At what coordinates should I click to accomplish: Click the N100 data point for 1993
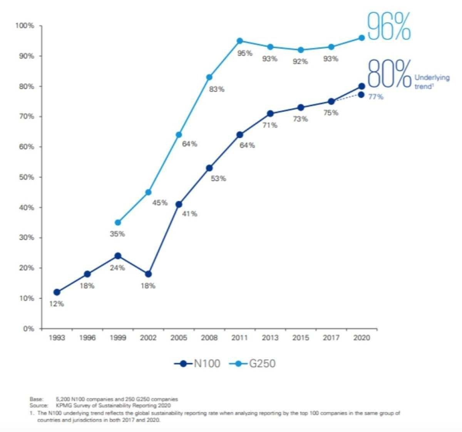point(57,292)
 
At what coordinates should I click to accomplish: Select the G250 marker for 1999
point(118,222)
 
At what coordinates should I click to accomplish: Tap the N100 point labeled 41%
point(179,204)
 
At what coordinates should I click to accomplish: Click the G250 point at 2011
point(239,41)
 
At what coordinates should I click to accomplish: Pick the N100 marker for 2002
point(148,274)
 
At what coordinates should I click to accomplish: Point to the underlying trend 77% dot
point(361,94)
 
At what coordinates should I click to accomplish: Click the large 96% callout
point(389,26)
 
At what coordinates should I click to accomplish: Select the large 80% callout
point(389,74)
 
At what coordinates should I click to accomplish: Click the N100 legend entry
point(198,363)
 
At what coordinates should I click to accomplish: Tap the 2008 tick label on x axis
point(209,338)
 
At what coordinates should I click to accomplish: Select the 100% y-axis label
point(25,26)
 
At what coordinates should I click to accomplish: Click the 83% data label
point(216,89)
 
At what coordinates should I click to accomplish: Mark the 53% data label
point(218,178)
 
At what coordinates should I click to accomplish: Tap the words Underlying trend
point(431,82)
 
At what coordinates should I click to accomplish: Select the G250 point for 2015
point(300,50)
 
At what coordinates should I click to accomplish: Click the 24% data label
point(117,268)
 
